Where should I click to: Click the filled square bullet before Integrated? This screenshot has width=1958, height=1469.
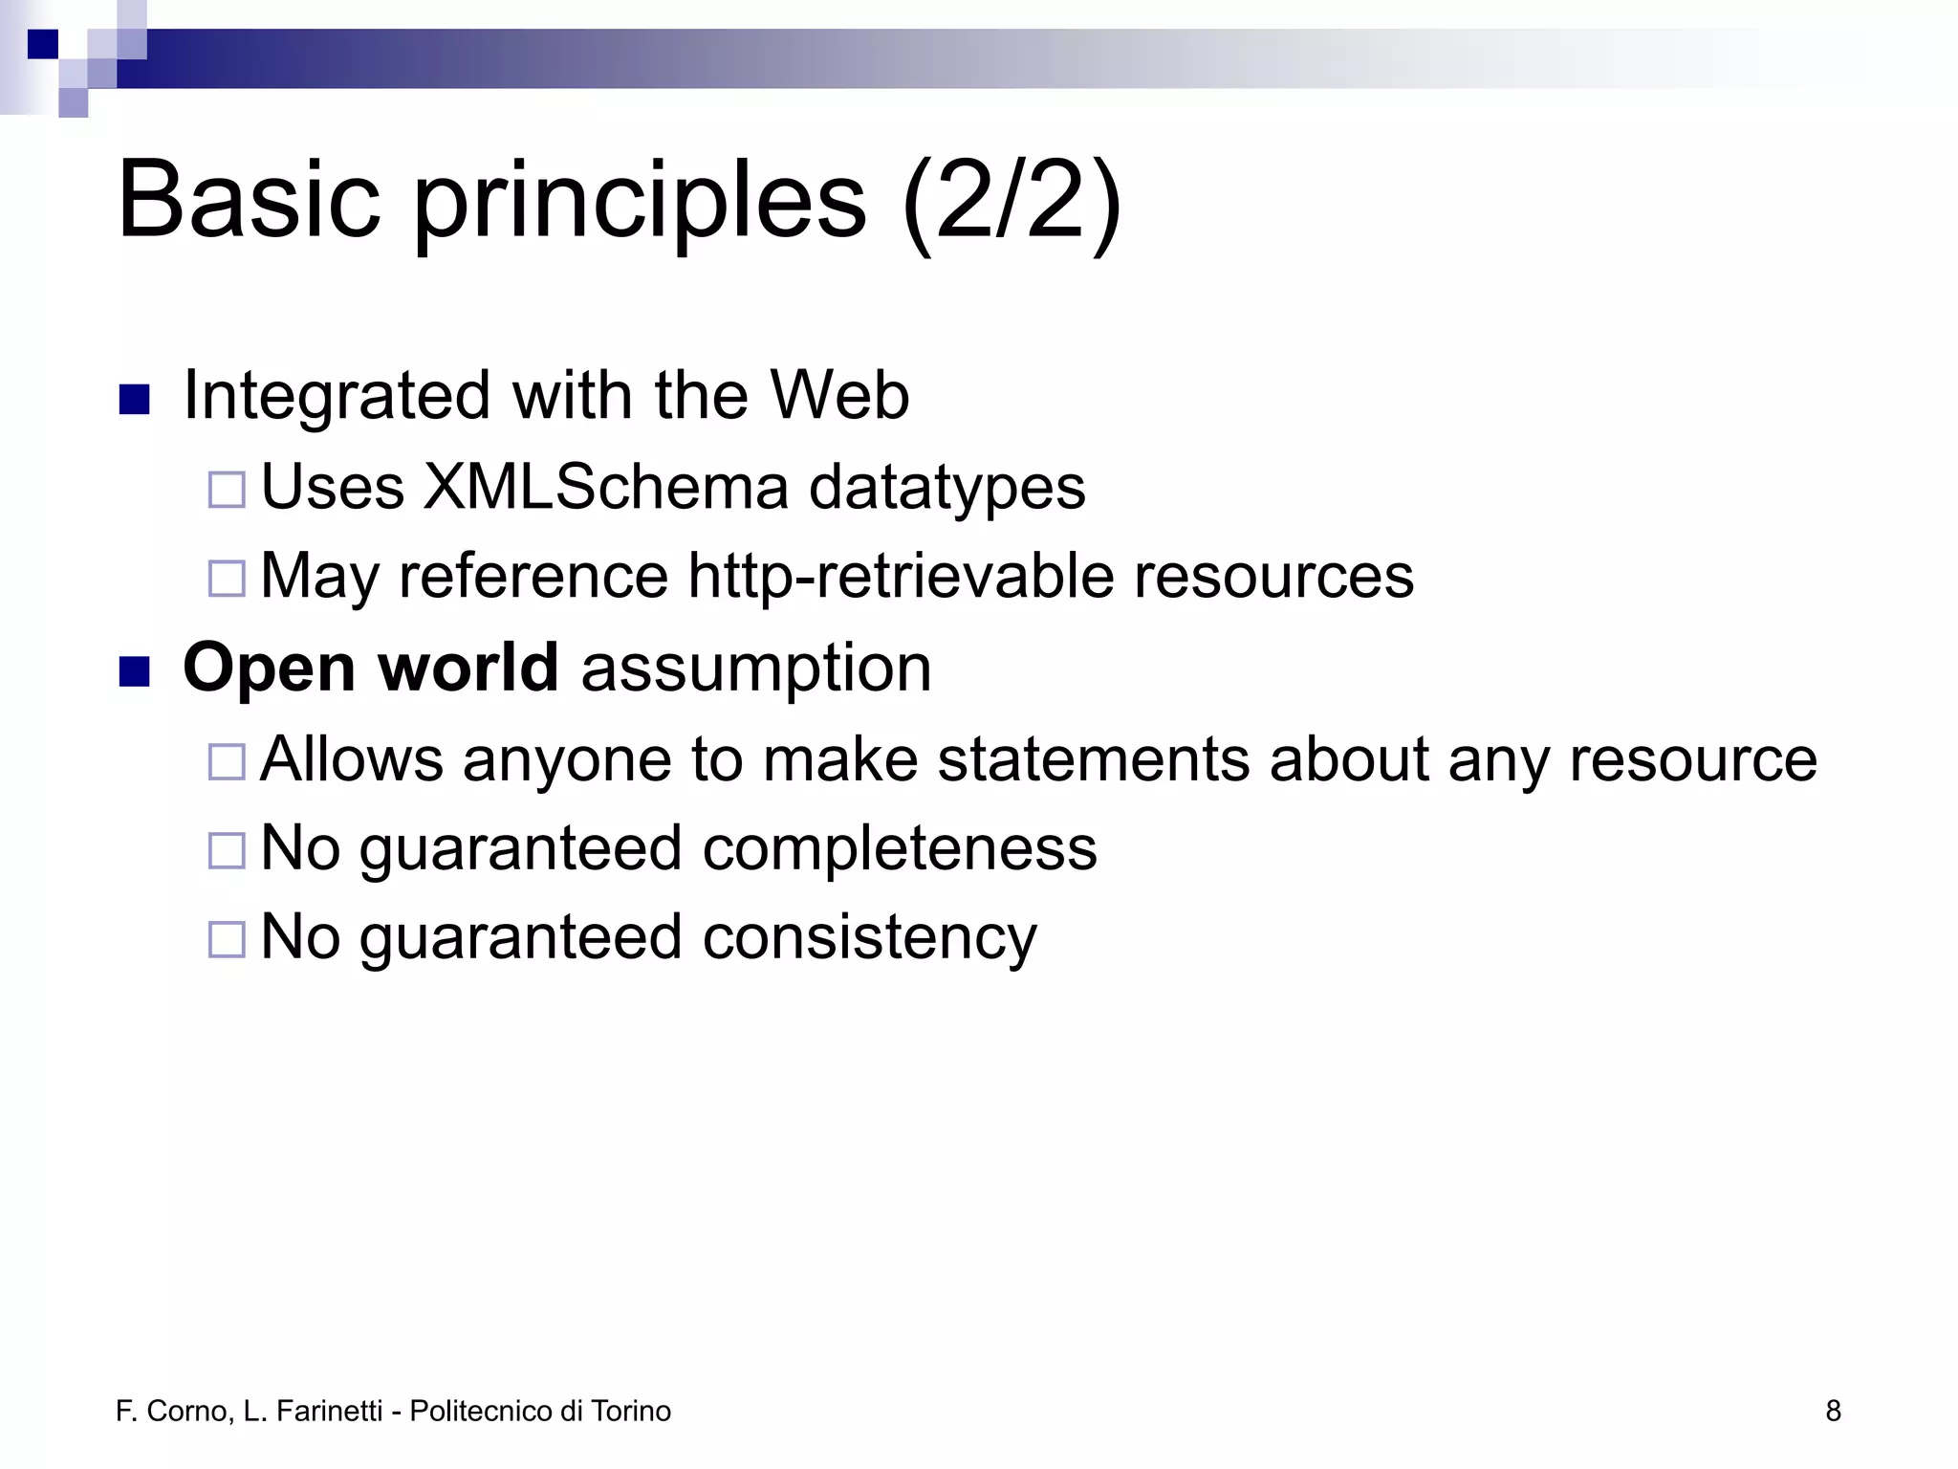[134, 399]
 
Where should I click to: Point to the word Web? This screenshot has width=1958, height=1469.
[839, 395]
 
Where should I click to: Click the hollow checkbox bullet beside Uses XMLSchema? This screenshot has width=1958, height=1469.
[227, 490]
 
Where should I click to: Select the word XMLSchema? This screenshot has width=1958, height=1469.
[606, 487]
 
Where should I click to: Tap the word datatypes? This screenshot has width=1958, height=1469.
[947, 489]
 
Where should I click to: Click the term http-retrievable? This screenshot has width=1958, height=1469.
[901, 576]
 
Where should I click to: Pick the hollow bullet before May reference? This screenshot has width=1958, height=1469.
[227, 578]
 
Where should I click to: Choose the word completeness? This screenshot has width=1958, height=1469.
[900, 849]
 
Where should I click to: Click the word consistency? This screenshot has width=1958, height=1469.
[869, 937]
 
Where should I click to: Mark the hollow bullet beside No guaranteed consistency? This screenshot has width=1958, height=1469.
[227, 939]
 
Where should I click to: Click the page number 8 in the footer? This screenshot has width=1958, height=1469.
[1833, 1411]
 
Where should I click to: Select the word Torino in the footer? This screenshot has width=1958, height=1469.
[630, 1411]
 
